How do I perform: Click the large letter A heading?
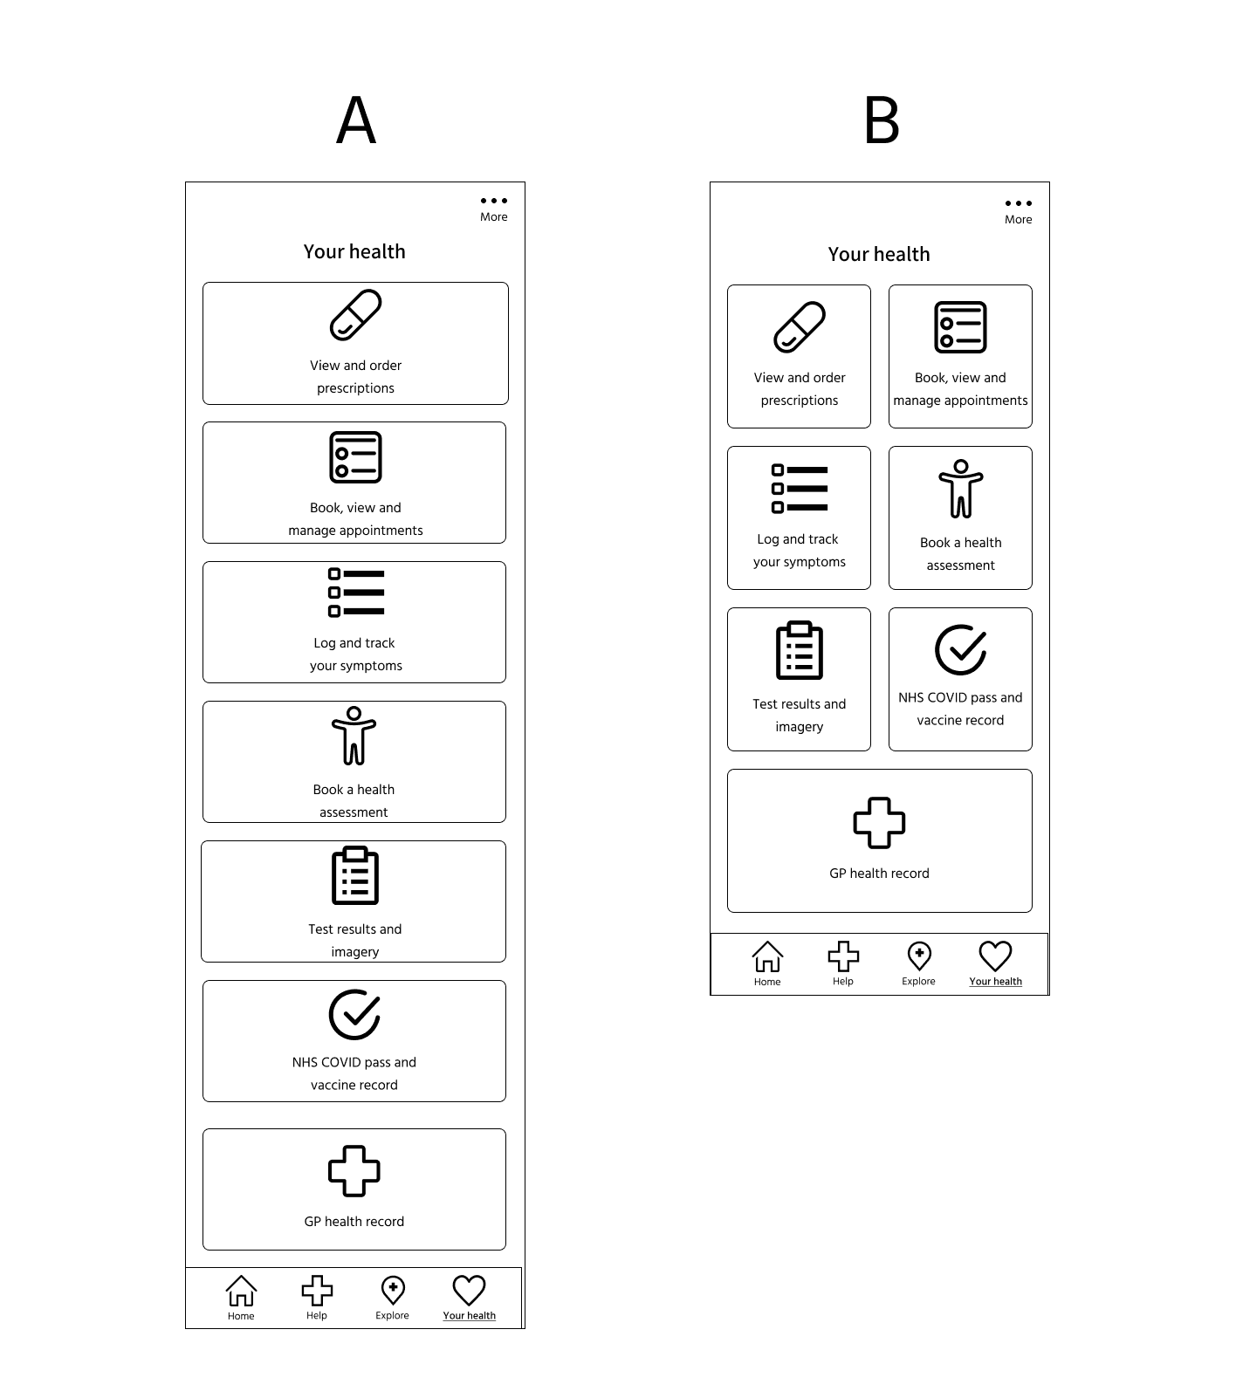(x=356, y=120)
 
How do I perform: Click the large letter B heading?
(x=881, y=120)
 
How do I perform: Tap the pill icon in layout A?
(x=355, y=315)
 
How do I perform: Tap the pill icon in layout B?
(x=800, y=327)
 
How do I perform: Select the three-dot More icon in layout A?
(x=493, y=201)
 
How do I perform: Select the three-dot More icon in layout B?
(x=1018, y=203)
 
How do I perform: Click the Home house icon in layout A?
(x=241, y=1291)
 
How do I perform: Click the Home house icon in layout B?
(x=767, y=956)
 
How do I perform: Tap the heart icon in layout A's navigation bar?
(x=469, y=1291)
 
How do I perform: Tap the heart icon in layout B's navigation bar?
(x=995, y=956)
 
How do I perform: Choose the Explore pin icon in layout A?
(x=393, y=1291)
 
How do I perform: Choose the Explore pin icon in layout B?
(x=919, y=956)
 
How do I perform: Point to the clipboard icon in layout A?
(x=355, y=875)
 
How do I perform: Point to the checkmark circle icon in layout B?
(x=960, y=650)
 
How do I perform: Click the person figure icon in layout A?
(x=354, y=736)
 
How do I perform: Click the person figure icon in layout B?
(x=960, y=489)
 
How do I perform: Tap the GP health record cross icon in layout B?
(x=879, y=823)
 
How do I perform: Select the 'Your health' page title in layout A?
(x=354, y=252)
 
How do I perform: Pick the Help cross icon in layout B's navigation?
(x=843, y=956)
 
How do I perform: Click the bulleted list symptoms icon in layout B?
(x=800, y=489)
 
